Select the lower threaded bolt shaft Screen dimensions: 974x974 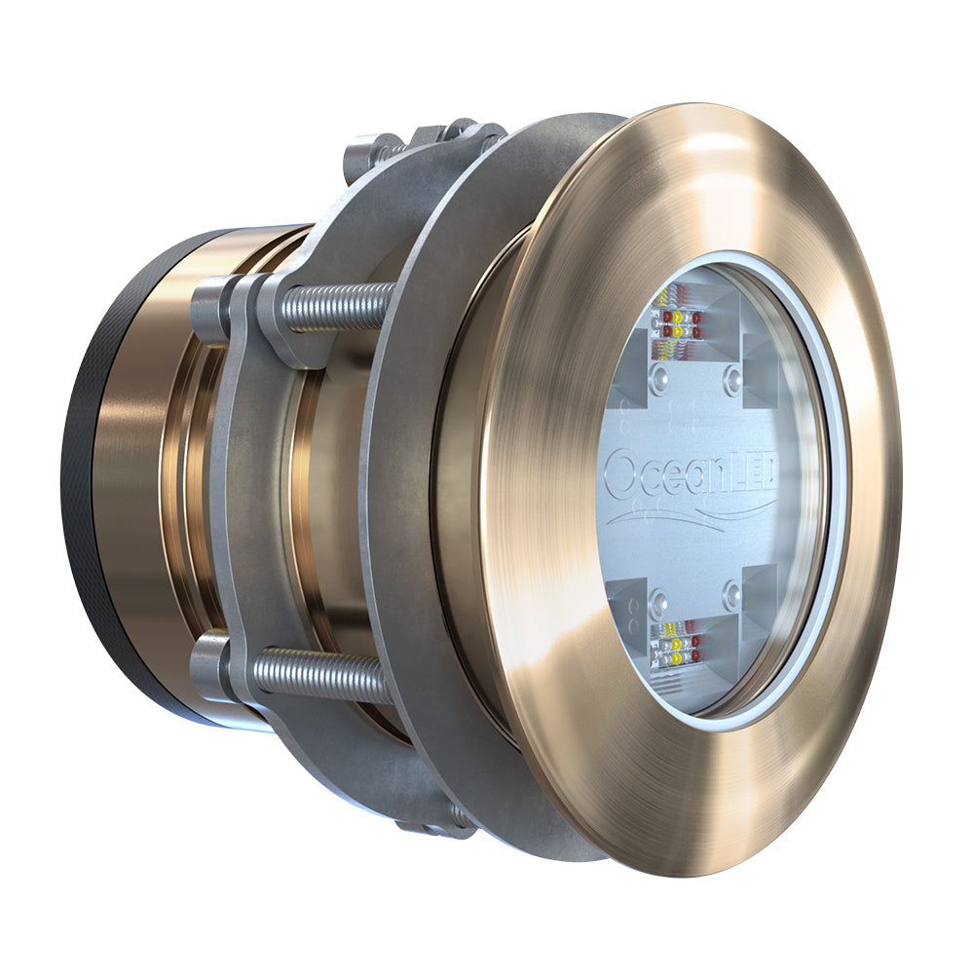tap(321, 672)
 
